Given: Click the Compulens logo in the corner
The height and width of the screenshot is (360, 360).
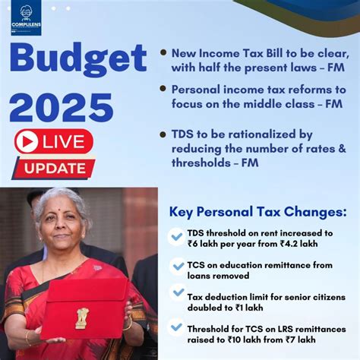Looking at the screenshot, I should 25,21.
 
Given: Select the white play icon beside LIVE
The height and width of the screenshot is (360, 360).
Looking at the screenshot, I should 27,142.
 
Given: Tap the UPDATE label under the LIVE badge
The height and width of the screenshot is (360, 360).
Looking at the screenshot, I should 54,167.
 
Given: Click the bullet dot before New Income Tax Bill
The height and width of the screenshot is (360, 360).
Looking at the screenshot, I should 164,55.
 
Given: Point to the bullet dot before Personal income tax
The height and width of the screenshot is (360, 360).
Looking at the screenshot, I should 164,89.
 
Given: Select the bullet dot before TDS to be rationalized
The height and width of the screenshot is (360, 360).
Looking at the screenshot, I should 164,134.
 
